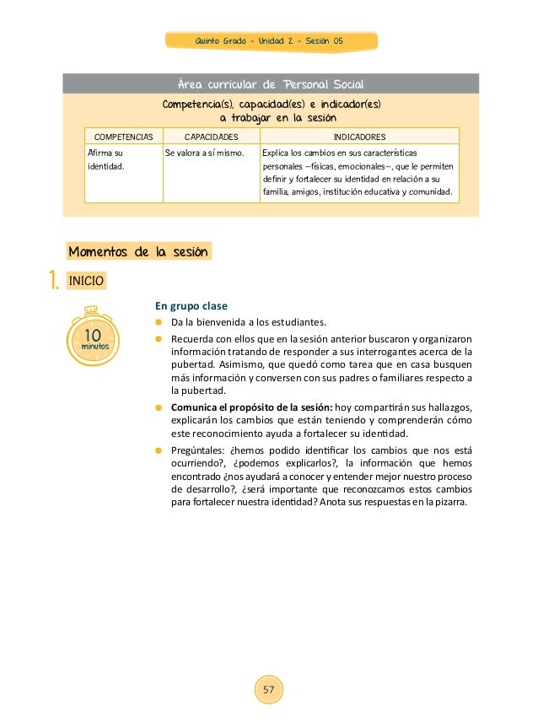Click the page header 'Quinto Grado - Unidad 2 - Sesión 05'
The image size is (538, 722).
tap(269, 41)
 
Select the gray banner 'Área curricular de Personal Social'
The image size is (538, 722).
tap(269, 84)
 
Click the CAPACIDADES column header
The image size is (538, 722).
tap(211, 136)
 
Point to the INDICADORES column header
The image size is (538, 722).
tap(360, 136)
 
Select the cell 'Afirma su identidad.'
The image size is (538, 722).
tap(106, 160)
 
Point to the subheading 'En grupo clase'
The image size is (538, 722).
tap(191, 305)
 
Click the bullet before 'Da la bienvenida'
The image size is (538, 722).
tap(158, 322)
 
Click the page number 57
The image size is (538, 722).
tap(269, 690)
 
